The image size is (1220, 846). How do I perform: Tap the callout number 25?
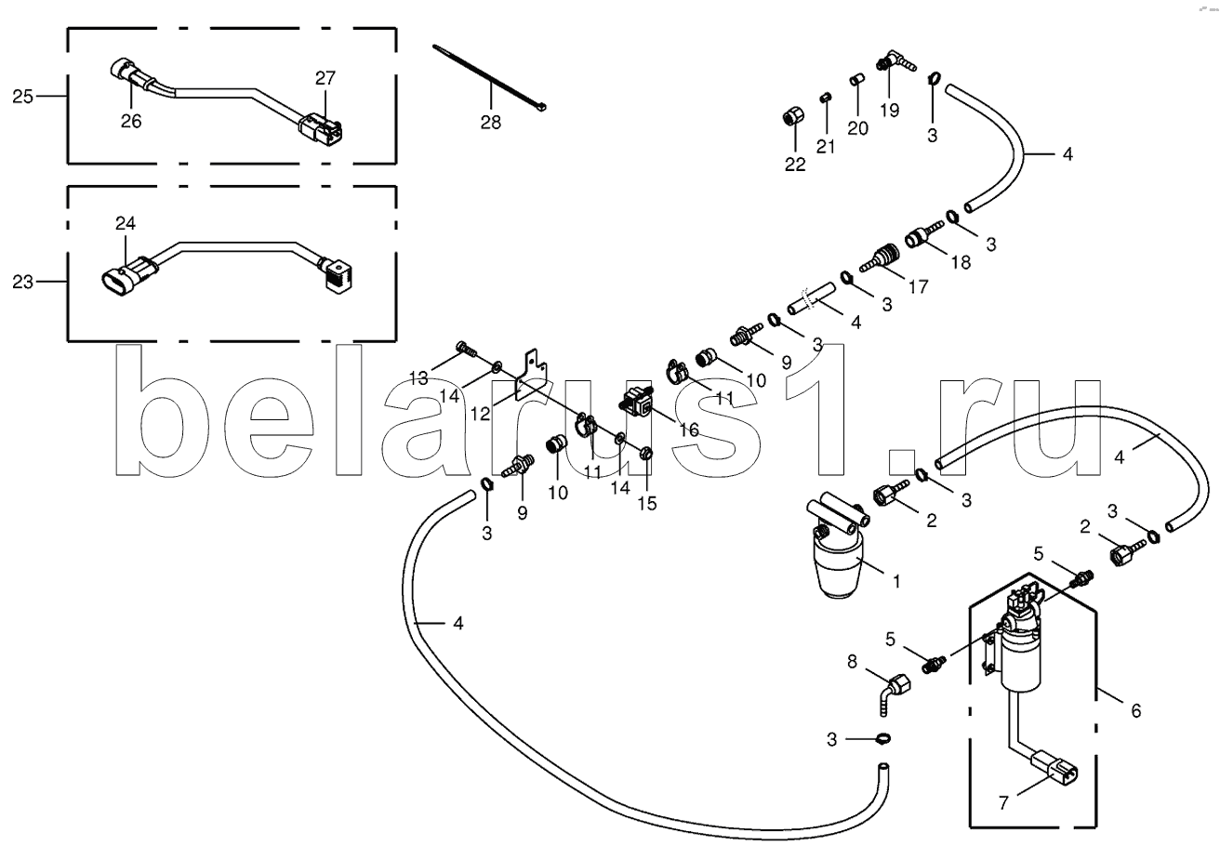(23, 96)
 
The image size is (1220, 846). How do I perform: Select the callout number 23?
(23, 281)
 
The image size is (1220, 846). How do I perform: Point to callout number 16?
(688, 430)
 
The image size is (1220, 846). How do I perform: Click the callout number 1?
(896, 582)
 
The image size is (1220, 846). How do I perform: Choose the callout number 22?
(794, 164)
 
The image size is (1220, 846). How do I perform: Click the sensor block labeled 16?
(636, 405)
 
